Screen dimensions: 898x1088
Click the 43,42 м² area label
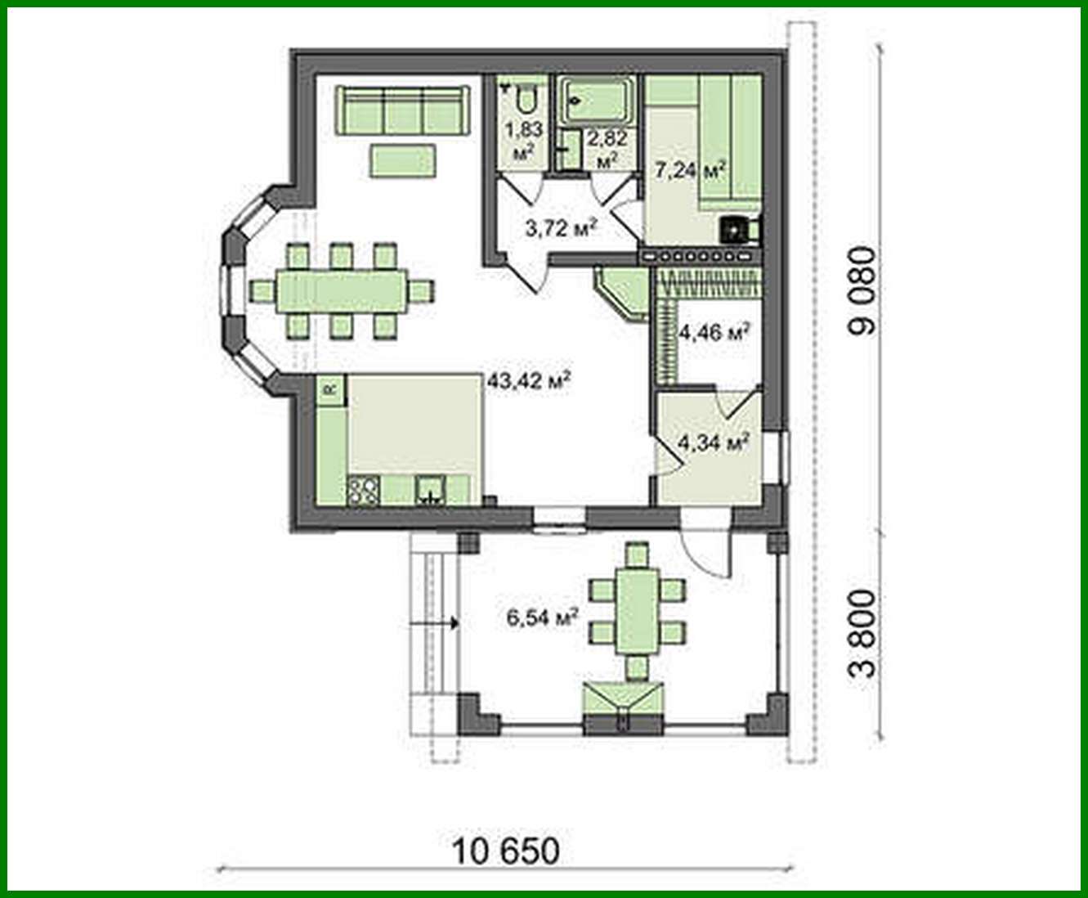[x=528, y=380]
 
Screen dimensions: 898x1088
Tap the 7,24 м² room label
[x=691, y=171]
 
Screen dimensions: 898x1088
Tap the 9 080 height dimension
[x=863, y=290]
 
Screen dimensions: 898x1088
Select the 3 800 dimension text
[x=863, y=634]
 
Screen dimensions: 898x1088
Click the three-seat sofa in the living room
[x=404, y=110]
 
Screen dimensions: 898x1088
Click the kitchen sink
[x=429, y=490]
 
